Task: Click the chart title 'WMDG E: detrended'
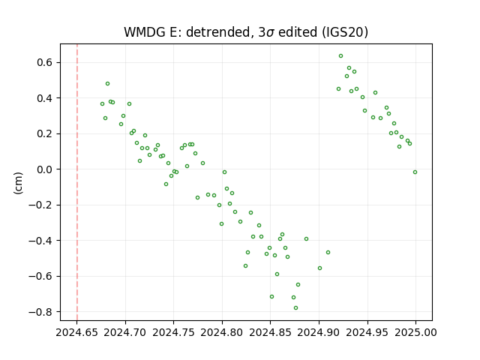(x=187, y=32)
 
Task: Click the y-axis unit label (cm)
(x=18, y=183)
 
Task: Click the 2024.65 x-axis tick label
(x=76, y=332)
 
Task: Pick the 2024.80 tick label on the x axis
(x=222, y=332)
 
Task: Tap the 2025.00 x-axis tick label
(x=415, y=332)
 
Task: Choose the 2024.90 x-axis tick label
(x=319, y=332)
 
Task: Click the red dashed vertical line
(x=77, y=182)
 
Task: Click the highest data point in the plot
(x=340, y=56)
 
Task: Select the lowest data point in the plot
(x=295, y=308)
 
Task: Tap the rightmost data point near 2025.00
(x=415, y=172)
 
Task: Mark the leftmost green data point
(x=102, y=104)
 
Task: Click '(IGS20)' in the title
(x=345, y=32)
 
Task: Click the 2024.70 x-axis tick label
(x=125, y=332)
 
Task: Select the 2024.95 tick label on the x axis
(x=367, y=332)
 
